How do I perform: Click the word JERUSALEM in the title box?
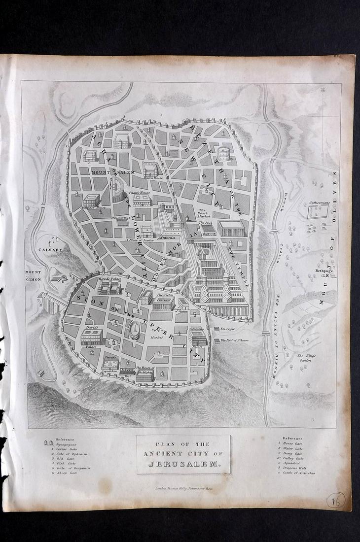183,463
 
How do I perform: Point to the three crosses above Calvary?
52,240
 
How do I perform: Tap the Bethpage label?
324,271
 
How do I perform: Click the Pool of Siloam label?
234,340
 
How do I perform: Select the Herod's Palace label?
109,279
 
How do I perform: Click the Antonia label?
168,237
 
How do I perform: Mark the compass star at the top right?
323,90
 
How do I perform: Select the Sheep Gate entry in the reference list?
71,472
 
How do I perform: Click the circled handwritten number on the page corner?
336,500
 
